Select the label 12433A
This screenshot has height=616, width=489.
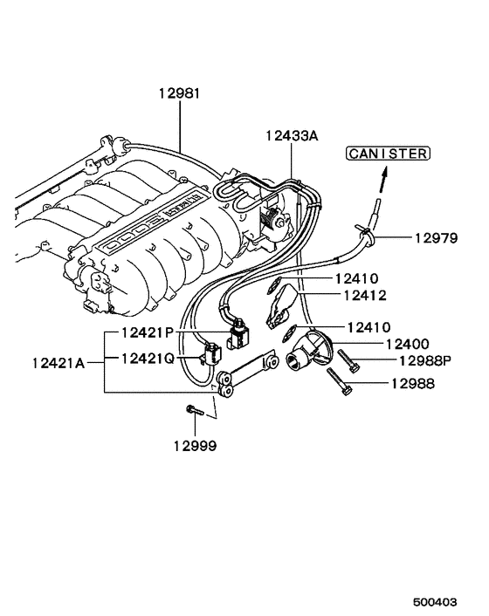[x=295, y=134]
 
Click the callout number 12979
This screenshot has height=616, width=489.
[x=434, y=237]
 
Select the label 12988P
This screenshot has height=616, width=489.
[x=414, y=360]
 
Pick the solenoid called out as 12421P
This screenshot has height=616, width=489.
[x=238, y=334]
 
